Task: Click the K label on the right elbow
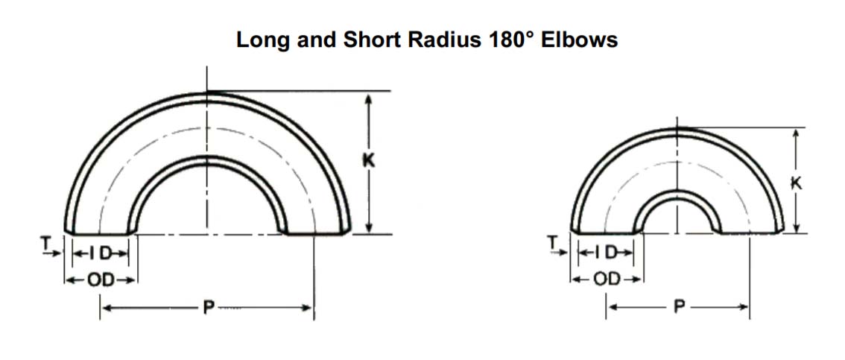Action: click(797, 182)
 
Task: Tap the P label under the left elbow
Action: click(206, 308)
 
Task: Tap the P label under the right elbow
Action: click(677, 307)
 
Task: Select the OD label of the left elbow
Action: click(101, 280)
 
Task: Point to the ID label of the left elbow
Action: click(101, 254)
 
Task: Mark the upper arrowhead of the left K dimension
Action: click(367, 97)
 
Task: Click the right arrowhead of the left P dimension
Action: click(308, 308)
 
